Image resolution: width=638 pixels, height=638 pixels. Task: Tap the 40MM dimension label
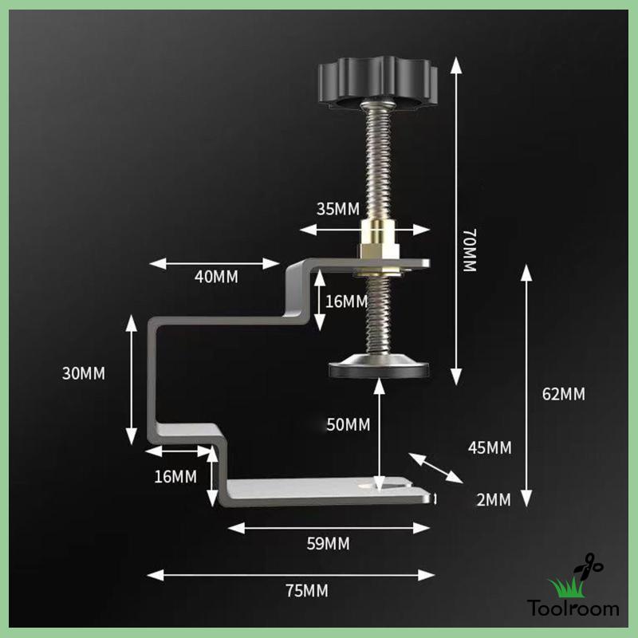tap(216, 277)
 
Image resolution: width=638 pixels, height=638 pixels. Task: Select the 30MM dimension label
tap(83, 373)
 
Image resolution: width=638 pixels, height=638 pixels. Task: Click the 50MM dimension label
tap(349, 424)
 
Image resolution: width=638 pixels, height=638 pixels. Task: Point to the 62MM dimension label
tap(563, 394)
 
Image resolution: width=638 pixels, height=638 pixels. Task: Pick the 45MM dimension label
tap(489, 447)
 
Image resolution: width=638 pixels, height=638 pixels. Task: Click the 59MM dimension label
tap(329, 544)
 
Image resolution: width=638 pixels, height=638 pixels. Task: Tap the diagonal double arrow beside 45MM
tap(435, 467)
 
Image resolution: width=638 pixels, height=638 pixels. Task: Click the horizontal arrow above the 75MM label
tap(291, 573)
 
